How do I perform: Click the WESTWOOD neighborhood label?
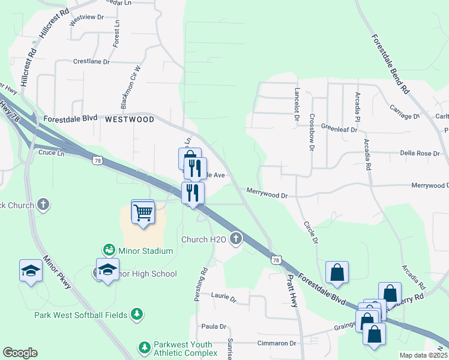pyautogui.click(x=129, y=119)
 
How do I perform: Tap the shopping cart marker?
pyautogui.click(x=143, y=212)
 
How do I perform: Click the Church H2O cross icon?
pyautogui.click(x=237, y=239)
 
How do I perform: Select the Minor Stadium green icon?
pyautogui.click(x=109, y=248)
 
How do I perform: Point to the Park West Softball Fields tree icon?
pyautogui.click(x=137, y=314)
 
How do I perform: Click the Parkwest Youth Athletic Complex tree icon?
pyautogui.click(x=143, y=347)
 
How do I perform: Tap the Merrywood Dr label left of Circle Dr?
pyautogui.click(x=267, y=194)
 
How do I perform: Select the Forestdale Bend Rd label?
pyautogui.click(x=390, y=63)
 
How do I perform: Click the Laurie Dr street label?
pyautogui.click(x=224, y=296)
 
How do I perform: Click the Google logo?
pyautogui.click(x=20, y=353)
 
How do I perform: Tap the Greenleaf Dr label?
pyautogui.click(x=340, y=127)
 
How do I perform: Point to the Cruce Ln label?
pyautogui.click(x=50, y=153)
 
